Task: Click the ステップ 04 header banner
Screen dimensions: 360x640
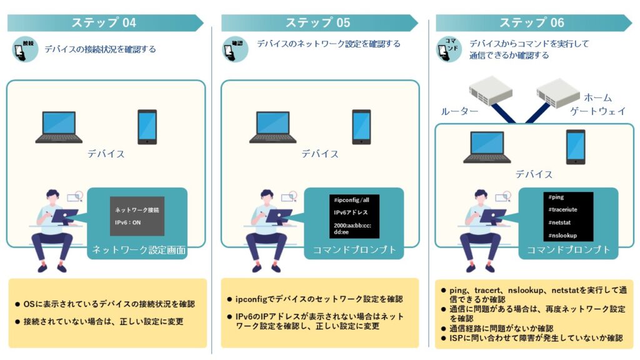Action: [104, 23]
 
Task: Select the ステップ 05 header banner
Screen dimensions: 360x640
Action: [318, 23]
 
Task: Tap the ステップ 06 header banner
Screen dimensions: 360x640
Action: [532, 23]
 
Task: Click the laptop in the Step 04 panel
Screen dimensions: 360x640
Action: [59, 127]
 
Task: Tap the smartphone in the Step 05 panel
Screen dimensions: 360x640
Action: [361, 127]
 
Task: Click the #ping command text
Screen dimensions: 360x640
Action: [556, 197]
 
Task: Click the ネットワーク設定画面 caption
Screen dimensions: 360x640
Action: [139, 251]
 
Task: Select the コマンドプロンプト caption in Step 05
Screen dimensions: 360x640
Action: [354, 251]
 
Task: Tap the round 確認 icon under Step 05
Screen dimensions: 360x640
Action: [236, 49]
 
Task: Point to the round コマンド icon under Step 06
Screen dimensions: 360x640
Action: [449, 49]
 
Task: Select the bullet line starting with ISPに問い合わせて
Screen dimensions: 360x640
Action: [537, 337]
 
